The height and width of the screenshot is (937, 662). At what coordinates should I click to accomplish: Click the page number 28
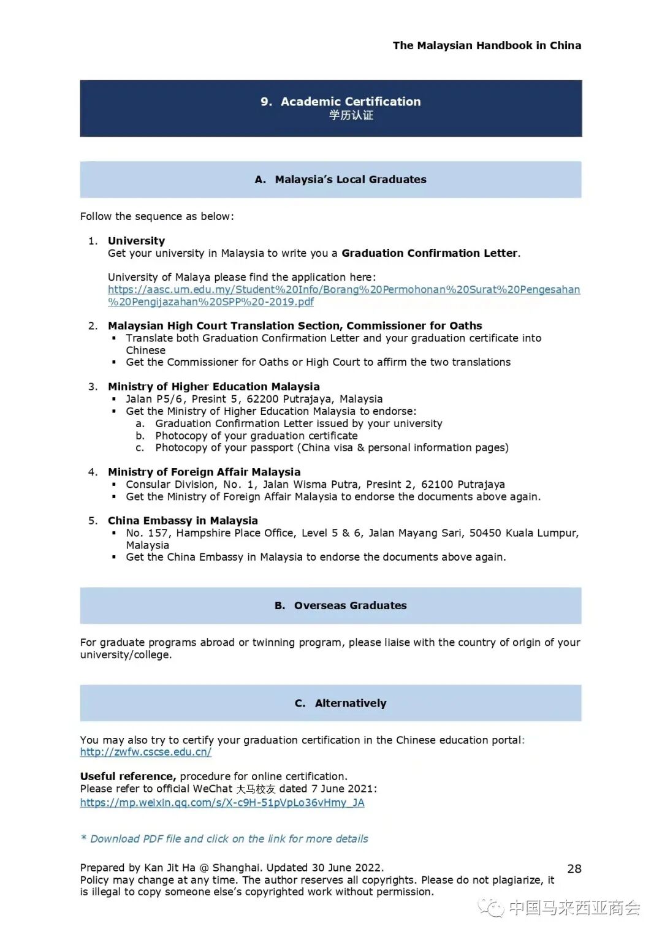(574, 868)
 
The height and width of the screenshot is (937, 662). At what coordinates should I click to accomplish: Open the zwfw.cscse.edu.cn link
(146, 752)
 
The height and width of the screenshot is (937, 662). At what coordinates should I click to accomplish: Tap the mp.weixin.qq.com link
(222, 802)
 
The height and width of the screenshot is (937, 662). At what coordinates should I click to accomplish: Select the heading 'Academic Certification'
(351, 102)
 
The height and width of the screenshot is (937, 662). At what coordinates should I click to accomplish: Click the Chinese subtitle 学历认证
(351, 115)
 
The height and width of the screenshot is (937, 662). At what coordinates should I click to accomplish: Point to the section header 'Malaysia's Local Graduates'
(350, 180)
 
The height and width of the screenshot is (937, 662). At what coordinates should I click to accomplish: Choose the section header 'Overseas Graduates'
(350, 605)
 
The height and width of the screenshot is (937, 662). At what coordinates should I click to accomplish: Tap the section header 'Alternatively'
(350, 703)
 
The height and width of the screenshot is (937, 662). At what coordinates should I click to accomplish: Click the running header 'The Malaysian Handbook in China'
(487, 45)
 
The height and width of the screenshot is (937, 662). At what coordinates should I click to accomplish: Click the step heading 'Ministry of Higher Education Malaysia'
(213, 387)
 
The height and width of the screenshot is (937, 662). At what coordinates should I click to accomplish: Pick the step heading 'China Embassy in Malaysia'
(183, 520)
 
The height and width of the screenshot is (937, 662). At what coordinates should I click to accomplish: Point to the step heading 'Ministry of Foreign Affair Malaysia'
(204, 472)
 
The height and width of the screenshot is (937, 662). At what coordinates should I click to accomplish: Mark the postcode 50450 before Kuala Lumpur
(485, 533)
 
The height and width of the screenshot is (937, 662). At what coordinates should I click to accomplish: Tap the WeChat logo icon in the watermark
(491, 908)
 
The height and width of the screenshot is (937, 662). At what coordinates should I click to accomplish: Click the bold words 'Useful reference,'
(127, 776)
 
